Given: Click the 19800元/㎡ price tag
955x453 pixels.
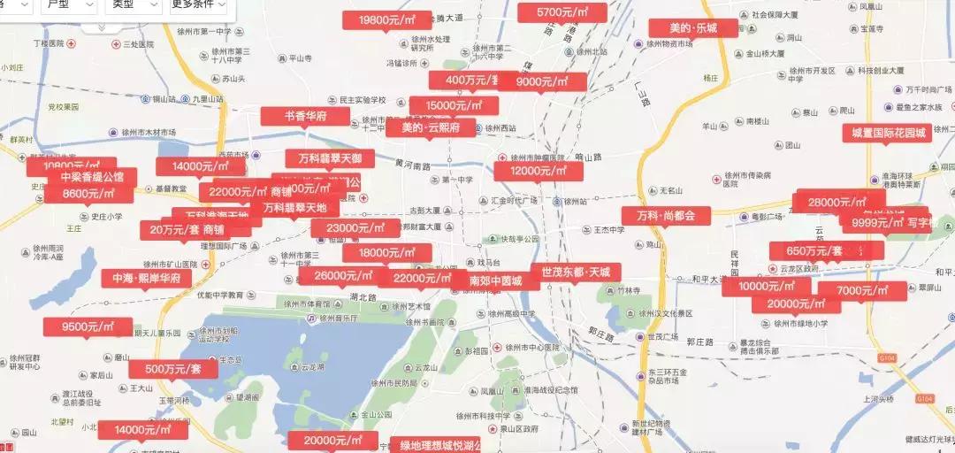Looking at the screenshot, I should pyautogui.click(x=387, y=19).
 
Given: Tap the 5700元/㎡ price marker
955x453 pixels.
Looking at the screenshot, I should pyautogui.click(x=562, y=12).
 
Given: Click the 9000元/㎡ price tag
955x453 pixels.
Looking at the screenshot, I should pyautogui.click(x=541, y=81).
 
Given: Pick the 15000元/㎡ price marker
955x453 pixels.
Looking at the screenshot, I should pyautogui.click(x=454, y=105).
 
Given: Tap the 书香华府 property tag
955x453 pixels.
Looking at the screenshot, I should pyautogui.click(x=305, y=116).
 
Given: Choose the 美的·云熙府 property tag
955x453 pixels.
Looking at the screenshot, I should pyautogui.click(x=431, y=127).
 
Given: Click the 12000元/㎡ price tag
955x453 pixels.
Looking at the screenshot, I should pyautogui.click(x=539, y=171).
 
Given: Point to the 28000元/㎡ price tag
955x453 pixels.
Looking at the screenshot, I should pyautogui.click(x=841, y=202).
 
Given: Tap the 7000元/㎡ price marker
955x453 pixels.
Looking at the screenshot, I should pyautogui.click(x=861, y=290).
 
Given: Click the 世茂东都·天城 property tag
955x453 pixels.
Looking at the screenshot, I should pyautogui.click(x=576, y=272).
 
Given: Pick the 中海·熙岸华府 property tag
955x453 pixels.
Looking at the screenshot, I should pyautogui.click(x=146, y=278).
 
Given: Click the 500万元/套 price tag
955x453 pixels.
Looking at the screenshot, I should pyautogui.click(x=173, y=368).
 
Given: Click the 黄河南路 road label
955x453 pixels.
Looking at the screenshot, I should pyautogui.click(x=412, y=165).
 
